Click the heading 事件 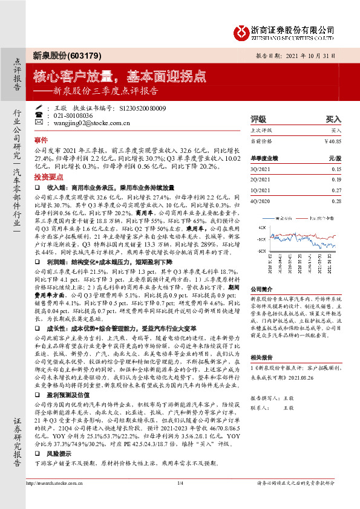(41, 138)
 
